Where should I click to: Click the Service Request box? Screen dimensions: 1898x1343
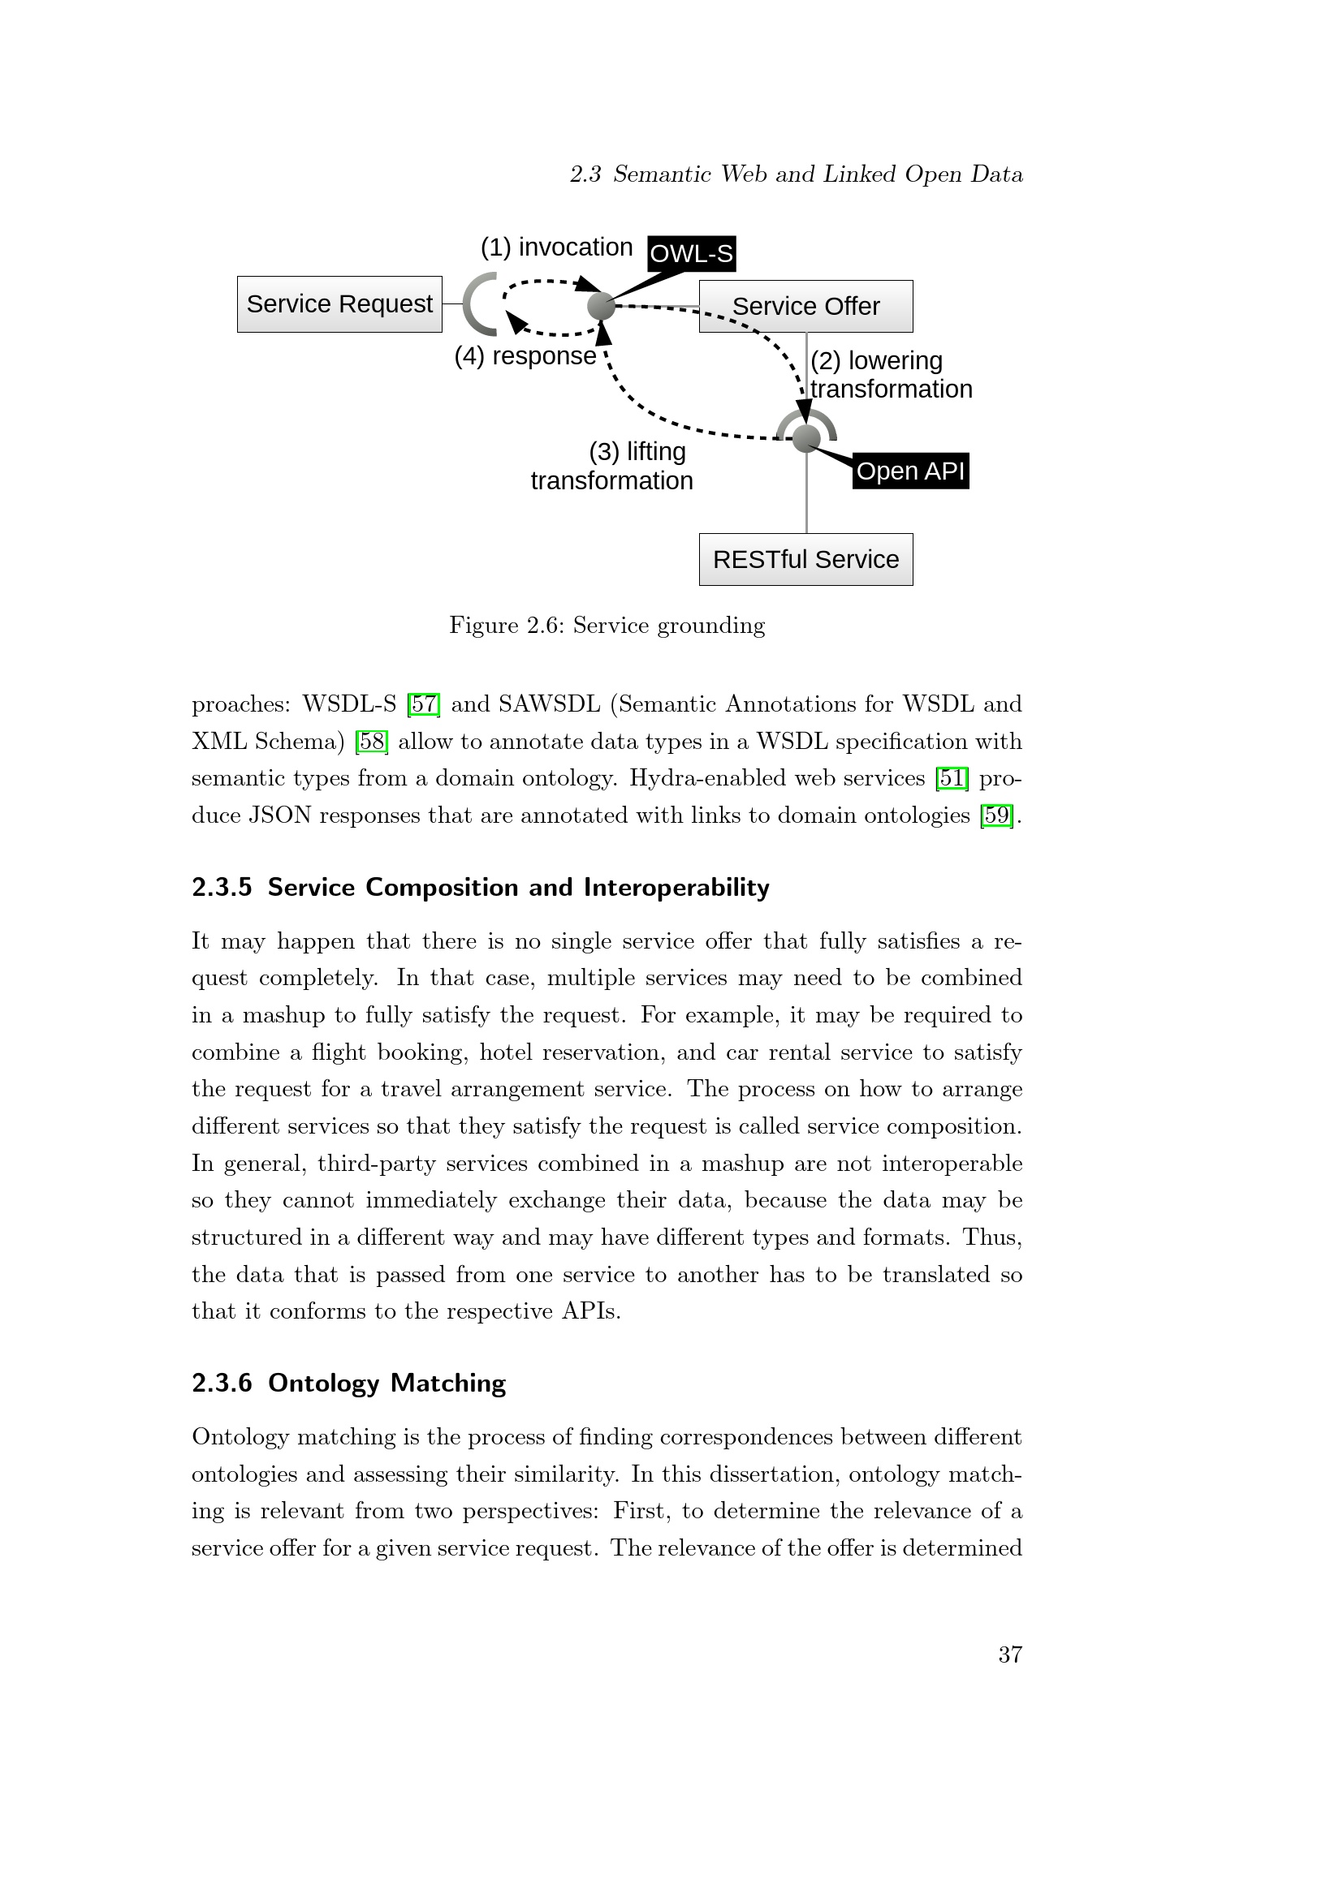[x=339, y=304]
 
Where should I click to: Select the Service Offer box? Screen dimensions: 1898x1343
[x=805, y=307]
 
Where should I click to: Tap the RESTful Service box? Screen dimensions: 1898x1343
[x=805, y=560]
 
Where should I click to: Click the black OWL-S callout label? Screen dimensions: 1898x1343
[x=691, y=253]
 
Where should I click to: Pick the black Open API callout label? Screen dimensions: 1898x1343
[x=909, y=471]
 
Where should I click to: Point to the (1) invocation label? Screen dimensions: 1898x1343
[x=556, y=247]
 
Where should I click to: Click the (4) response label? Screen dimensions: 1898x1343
[x=525, y=356]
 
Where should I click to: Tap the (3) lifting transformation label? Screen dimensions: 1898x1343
[x=612, y=467]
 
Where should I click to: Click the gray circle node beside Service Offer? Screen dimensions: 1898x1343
[x=601, y=306]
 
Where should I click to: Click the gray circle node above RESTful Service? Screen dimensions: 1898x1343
[x=806, y=437]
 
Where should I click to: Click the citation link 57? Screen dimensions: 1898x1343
[x=423, y=704]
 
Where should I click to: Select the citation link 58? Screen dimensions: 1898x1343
[x=371, y=742]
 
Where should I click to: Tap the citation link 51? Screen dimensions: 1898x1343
[x=952, y=779]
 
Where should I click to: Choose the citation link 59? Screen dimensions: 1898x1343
[x=996, y=816]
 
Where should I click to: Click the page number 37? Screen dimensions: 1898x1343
[x=1010, y=1654]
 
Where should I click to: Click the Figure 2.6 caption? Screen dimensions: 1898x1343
[x=607, y=625]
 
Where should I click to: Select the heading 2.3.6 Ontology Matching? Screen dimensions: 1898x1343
[x=348, y=1383]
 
